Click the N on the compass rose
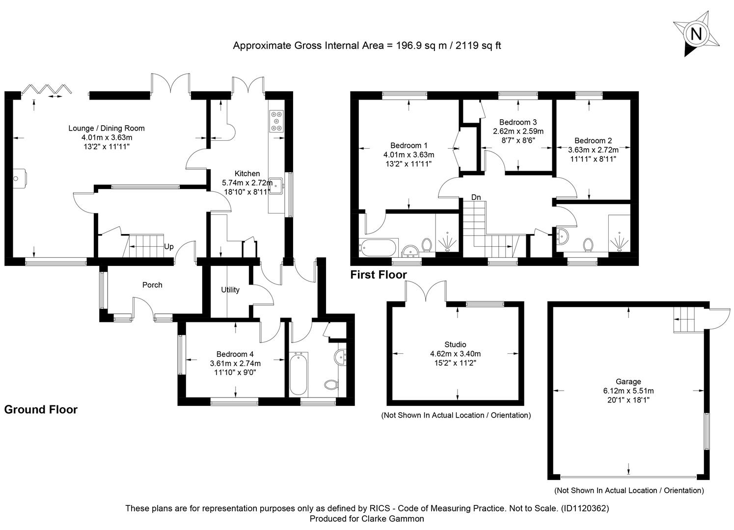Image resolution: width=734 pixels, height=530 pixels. click(x=696, y=34)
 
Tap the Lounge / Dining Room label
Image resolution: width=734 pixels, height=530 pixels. click(x=107, y=128)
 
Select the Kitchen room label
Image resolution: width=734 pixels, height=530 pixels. click(x=247, y=173)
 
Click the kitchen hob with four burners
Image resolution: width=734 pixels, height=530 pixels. click(x=276, y=121)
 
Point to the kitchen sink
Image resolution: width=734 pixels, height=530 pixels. click(x=276, y=185)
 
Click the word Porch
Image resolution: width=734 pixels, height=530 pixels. click(x=152, y=285)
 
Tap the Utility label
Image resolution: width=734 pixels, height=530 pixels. click(x=230, y=290)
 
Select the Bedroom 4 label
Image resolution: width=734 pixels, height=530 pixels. click(x=235, y=354)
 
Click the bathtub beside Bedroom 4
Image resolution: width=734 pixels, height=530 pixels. click(x=299, y=373)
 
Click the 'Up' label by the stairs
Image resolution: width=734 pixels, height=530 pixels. click(x=169, y=246)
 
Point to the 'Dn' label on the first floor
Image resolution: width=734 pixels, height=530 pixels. click(x=476, y=197)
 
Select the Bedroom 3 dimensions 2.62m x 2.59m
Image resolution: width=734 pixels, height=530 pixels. click(x=518, y=132)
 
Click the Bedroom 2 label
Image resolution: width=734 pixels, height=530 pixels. click(x=593, y=140)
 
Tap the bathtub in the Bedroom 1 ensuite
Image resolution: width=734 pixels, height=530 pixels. click(x=378, y=248)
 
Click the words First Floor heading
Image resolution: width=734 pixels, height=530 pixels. click(x=379, y=274)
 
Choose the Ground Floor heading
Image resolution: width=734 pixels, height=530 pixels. click(x=41, y=409)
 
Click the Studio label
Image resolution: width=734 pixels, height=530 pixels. click(x=455, y=344)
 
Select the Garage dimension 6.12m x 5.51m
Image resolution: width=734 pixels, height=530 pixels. click(x=628, y=391)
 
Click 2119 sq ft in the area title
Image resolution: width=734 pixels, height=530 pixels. click(x=478, y=45)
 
